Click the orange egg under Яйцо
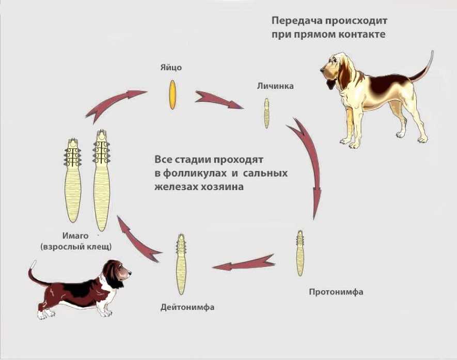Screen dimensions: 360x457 [x=174, y=93]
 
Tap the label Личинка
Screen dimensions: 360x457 [x=275, y=86]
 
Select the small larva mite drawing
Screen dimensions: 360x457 [x=267, y=113]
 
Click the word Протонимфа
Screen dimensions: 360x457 [x=336, y=292]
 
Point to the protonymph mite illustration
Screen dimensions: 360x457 [x=300, y=253]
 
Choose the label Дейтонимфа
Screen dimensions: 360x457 [x=187, y=308]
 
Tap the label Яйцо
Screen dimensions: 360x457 [x=171, y=67]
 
